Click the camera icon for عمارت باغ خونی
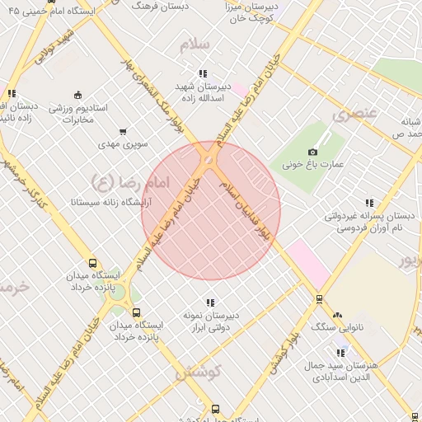[x=312, y=152]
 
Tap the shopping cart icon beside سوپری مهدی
[x=123, y=131]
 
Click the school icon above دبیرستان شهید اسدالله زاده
[x=203, y=74]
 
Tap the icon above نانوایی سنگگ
[x=337, y=315]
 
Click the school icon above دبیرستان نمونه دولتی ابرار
[x=209, y=302]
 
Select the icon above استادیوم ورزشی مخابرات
[x=77, y=94]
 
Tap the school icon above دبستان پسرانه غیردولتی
[x=368, y=203]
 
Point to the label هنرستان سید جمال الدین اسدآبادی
[x=349, y=370]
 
